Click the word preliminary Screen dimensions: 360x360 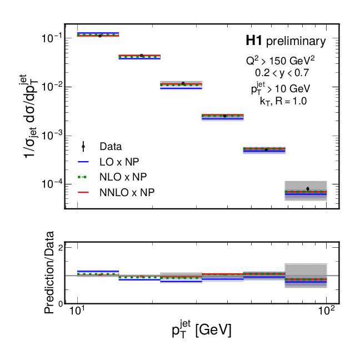296,41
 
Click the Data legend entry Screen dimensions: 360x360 111,147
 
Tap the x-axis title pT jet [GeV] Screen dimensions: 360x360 201,331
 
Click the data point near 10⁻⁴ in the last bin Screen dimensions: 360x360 308,189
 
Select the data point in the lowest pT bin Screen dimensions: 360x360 100,35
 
